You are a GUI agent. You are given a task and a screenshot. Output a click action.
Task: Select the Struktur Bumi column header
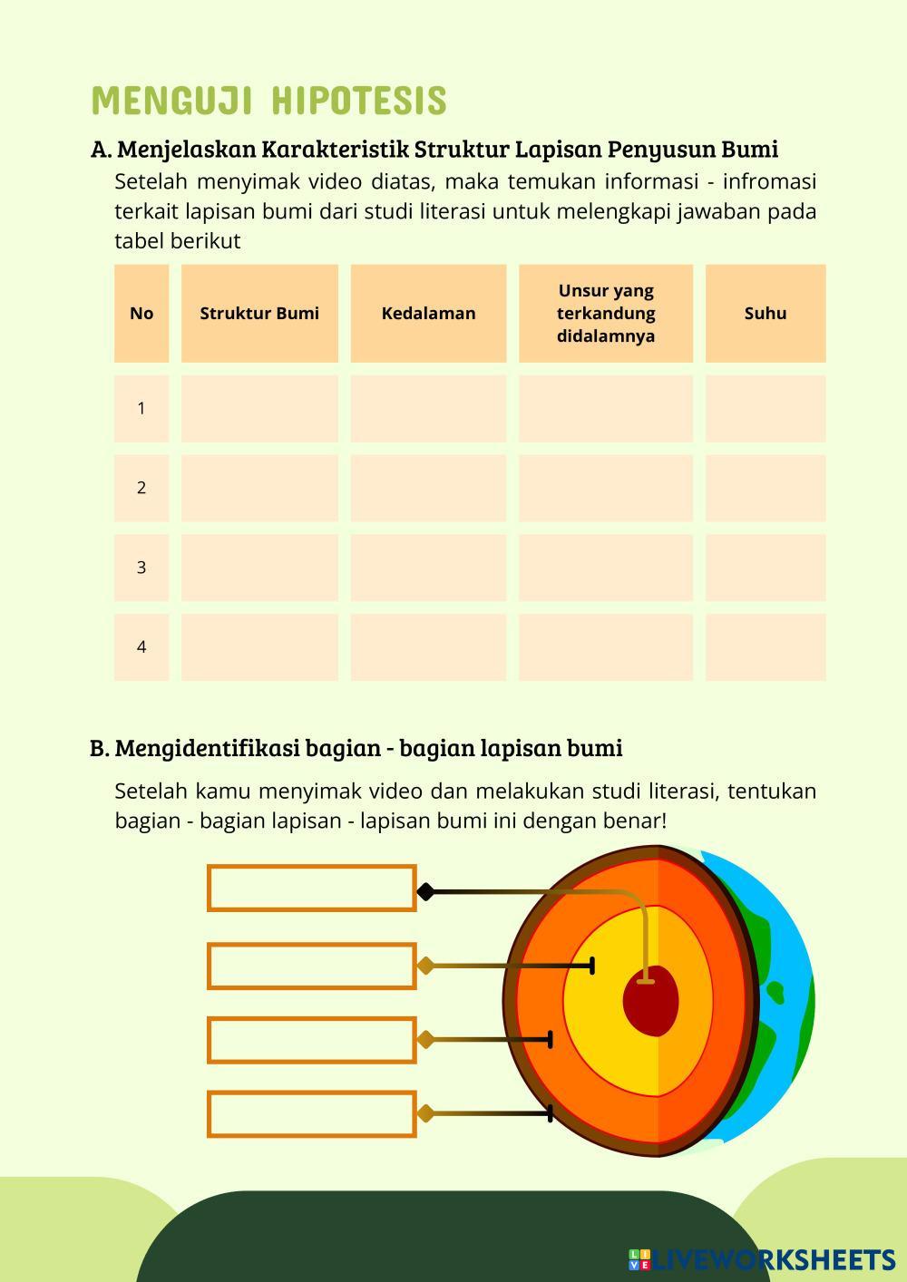[259, 314]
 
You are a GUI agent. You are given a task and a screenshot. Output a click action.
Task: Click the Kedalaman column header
[428, 314]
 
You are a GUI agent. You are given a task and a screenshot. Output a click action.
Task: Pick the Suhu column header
[766, 314]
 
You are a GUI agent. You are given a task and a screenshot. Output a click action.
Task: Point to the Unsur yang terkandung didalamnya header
[606, 314]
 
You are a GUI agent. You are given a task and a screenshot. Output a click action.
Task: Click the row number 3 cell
[141, 568]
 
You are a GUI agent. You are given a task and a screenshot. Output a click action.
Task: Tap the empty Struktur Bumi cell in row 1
[259, 409]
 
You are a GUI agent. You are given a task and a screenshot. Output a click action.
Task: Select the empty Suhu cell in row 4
[766, 646]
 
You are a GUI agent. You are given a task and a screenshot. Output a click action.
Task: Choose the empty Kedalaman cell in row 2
[428, 488]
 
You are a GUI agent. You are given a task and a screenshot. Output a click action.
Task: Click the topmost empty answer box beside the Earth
[311, 889]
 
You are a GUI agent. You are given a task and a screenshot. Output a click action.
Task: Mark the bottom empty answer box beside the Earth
[311, 1114]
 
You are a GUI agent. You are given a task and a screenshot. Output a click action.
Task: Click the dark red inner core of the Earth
[651, 1001]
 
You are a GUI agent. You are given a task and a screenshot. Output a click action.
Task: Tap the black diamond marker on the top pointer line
[425, 892]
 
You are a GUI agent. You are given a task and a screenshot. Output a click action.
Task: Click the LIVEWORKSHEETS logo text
[775, 1260]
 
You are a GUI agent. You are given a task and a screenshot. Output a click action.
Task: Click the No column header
[141, 314]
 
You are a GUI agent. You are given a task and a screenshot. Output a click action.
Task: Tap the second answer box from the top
[311, 966]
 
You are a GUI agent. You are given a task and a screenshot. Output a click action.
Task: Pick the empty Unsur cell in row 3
[606, 568]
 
